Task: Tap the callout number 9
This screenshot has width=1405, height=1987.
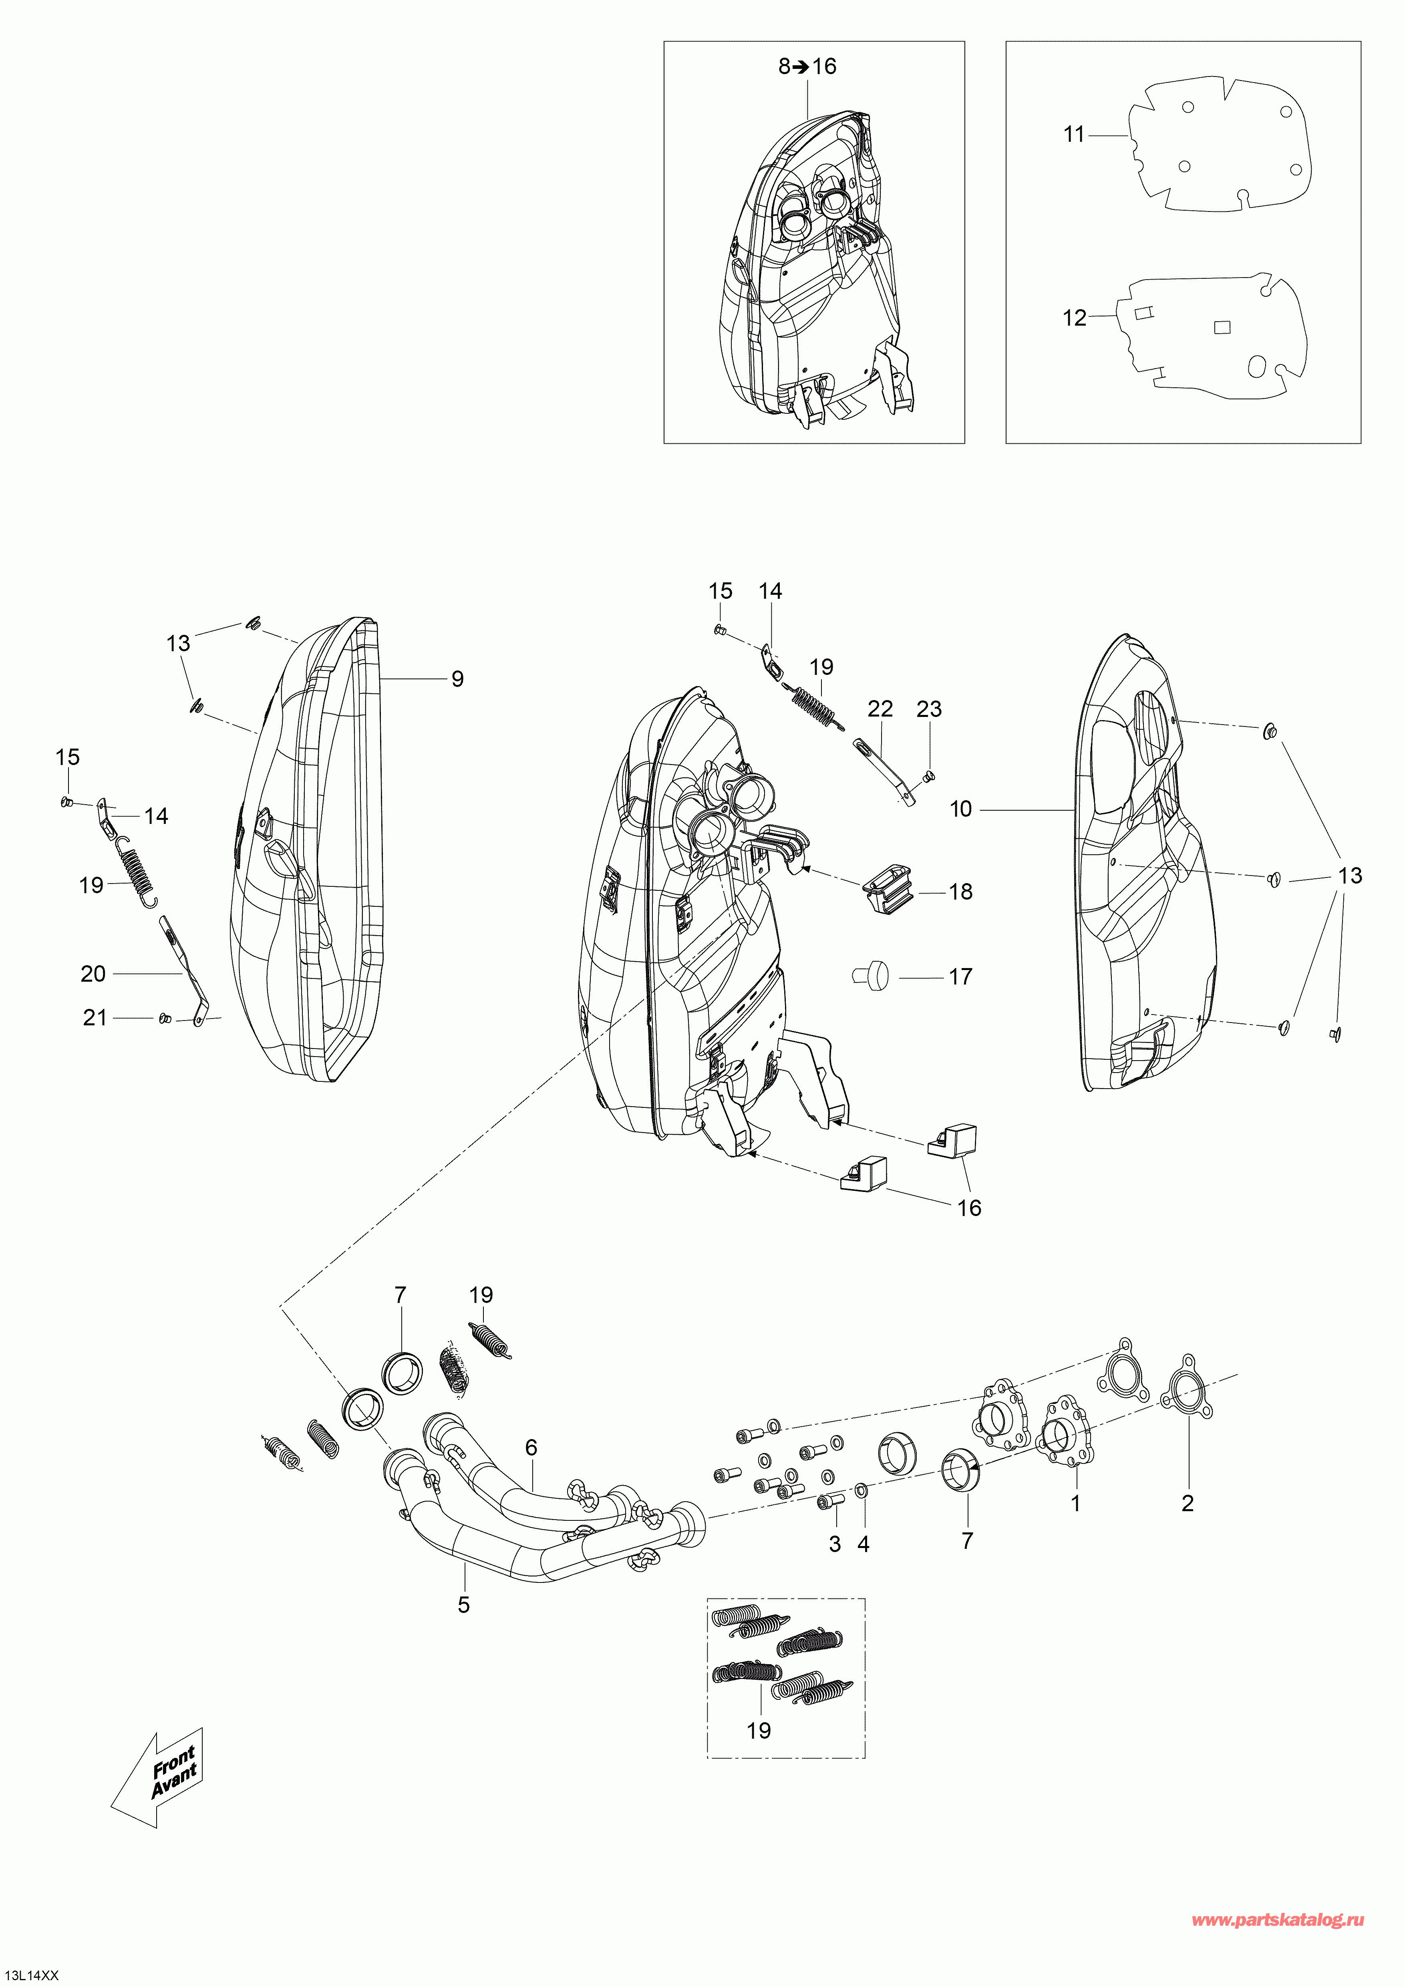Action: tap(458, 679)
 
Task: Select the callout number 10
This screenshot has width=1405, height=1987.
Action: tap(961, 809)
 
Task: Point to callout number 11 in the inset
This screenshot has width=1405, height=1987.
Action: tap(1074, 134)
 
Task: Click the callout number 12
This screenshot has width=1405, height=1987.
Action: tap(1074, 318)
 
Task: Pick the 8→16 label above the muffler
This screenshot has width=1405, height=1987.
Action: tap(807, 66)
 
